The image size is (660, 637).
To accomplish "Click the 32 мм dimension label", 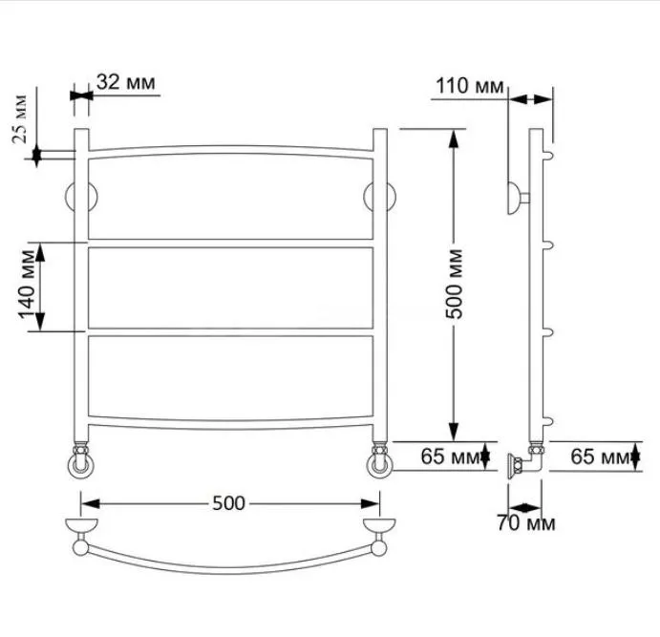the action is tap(125, 82).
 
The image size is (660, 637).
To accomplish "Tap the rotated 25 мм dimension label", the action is tap(20, 120).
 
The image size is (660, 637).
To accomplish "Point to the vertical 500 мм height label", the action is tap(455, 284).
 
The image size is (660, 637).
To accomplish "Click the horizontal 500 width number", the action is tap(228, 503).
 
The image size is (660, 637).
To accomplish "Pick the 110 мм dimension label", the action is tap(469, 86).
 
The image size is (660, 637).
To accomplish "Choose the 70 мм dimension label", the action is tap(525, 523).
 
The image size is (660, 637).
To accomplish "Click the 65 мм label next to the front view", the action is tap(451, 457).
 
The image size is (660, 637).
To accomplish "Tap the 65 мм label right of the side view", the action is tap(600, 457).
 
